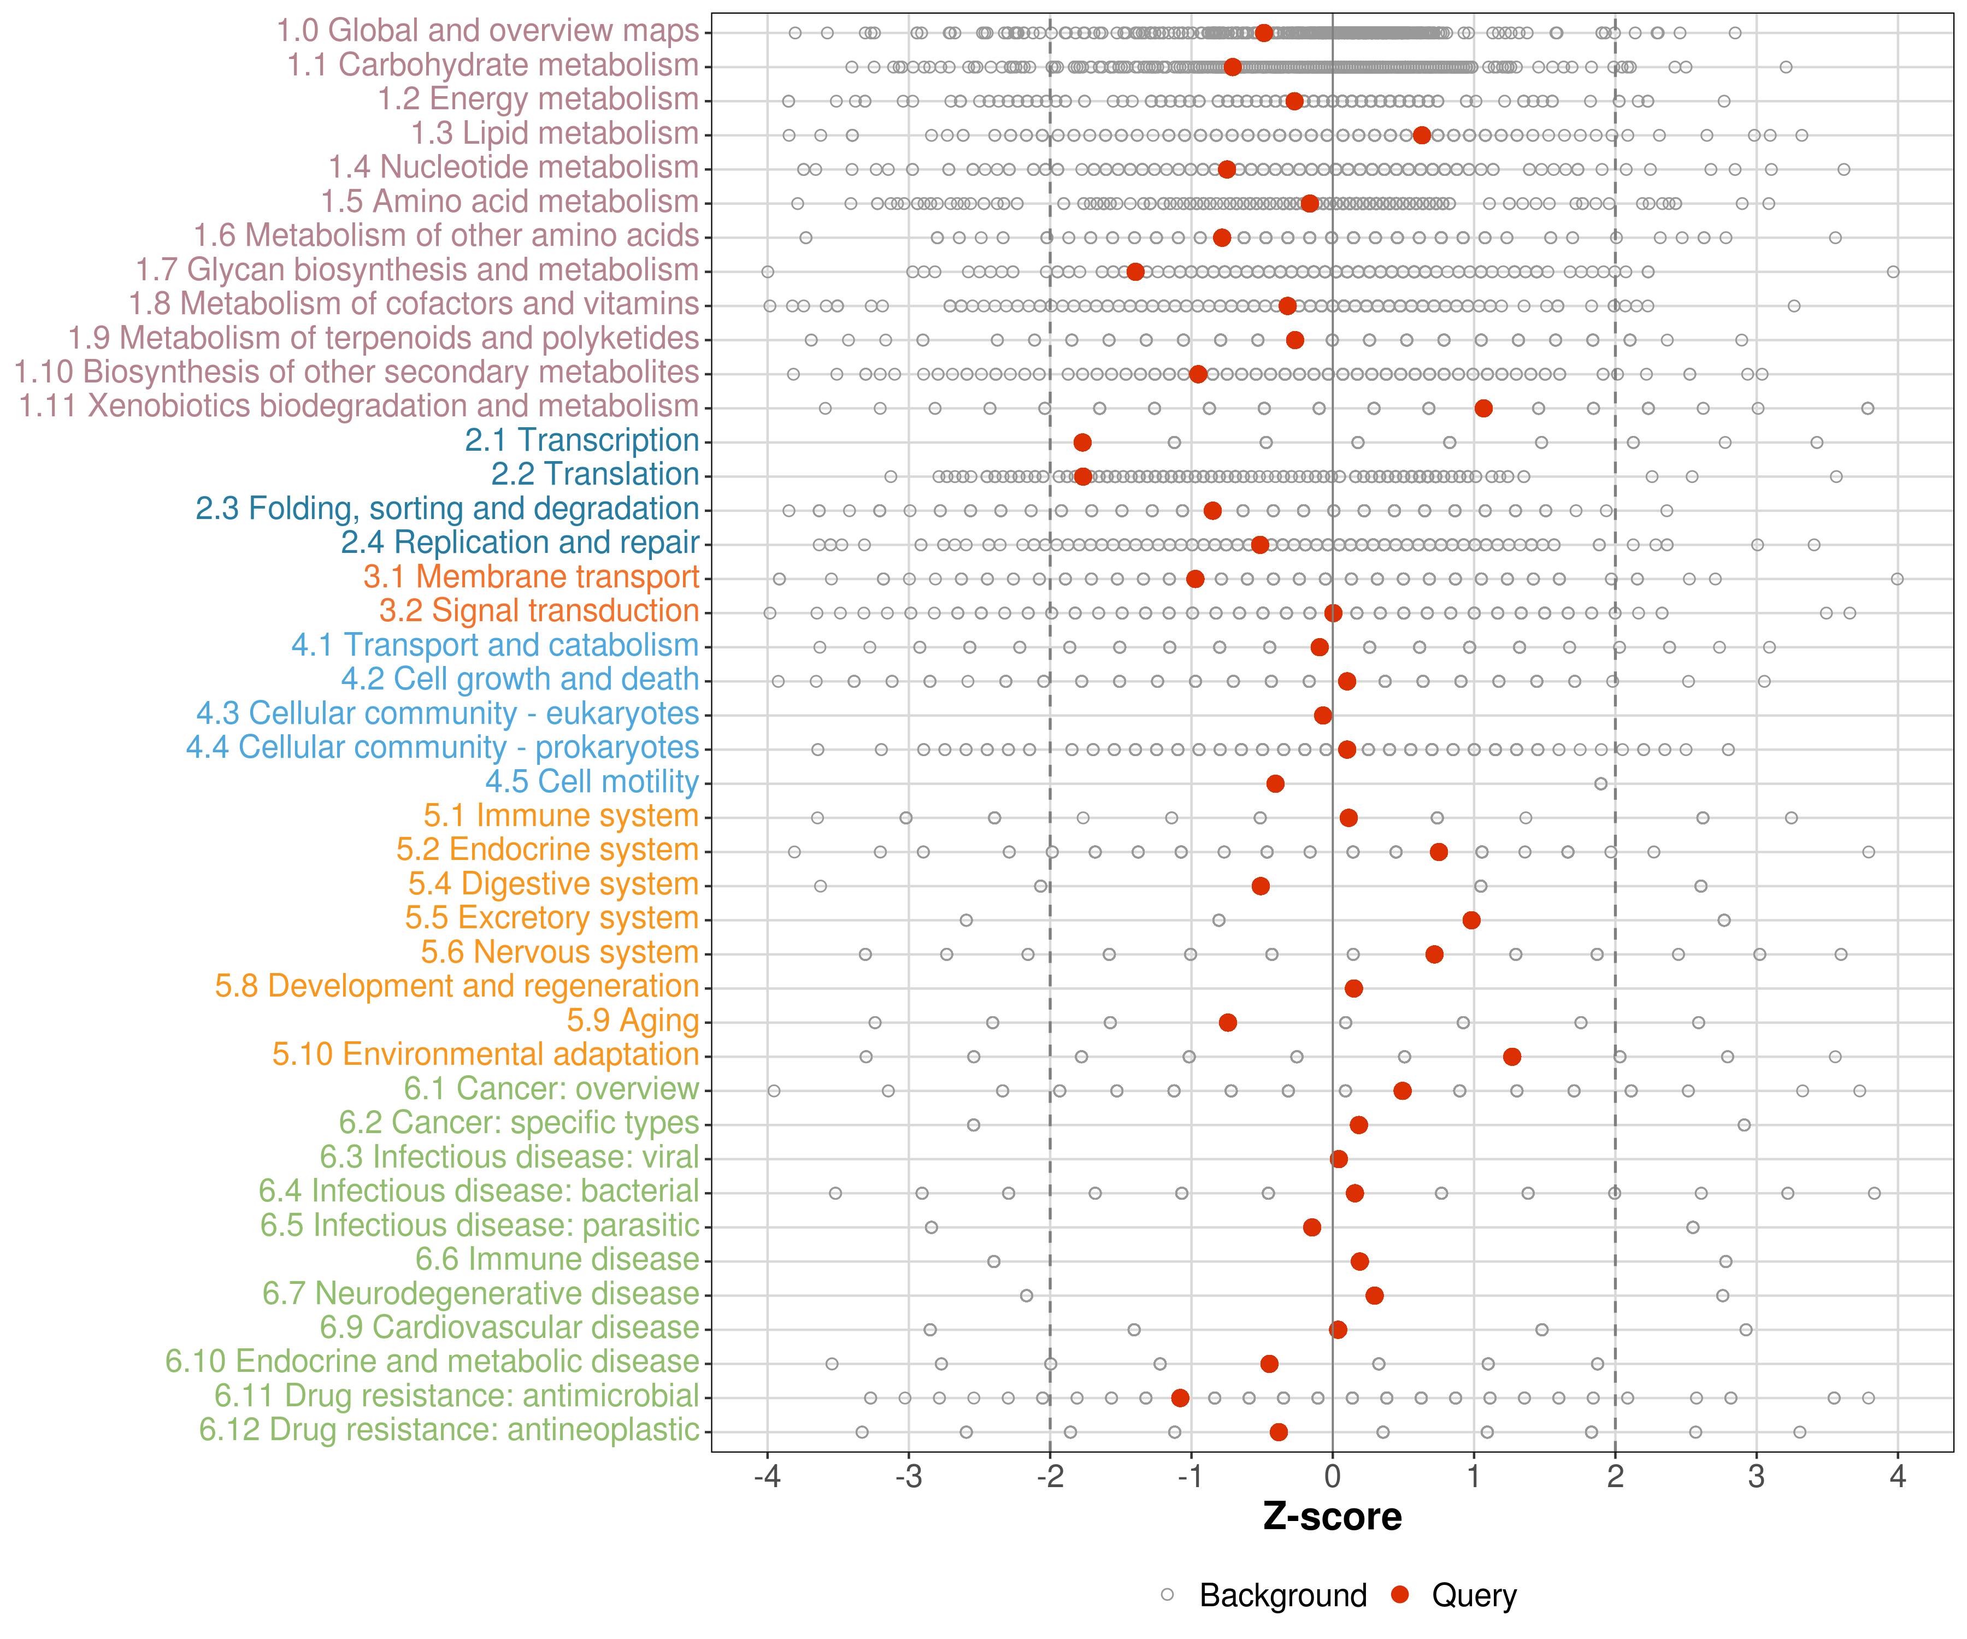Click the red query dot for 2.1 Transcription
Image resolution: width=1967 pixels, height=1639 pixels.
[x=1082, y=442]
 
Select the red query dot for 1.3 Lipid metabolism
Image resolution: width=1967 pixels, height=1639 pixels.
[x=1421, y=135]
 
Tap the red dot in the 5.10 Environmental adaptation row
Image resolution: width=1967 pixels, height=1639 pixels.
[x=1511, y=1057]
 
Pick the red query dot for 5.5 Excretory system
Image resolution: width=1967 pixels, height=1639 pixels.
[x=1470, y=919]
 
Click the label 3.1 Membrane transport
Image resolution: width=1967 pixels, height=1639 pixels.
[x=531, y=577]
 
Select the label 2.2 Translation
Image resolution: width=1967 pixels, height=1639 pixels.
[x=595, y=475]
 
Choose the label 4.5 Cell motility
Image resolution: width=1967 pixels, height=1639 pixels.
[x=592, y=782]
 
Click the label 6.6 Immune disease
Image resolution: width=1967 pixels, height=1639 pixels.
[x=557, y=1260]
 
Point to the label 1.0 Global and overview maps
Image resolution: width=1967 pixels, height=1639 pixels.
[x=487, y=31]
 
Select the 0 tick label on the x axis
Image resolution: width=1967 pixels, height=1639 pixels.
[x=1332, y=1478]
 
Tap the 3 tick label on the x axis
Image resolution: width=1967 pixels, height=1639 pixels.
[x=1756, y=1478]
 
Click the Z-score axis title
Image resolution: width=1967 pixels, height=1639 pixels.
[x=1332, y=1517]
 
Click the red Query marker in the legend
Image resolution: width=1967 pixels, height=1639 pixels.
[x=1400, y=1594]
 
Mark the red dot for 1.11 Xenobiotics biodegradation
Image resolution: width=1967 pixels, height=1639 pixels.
[x=1483, y=408]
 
